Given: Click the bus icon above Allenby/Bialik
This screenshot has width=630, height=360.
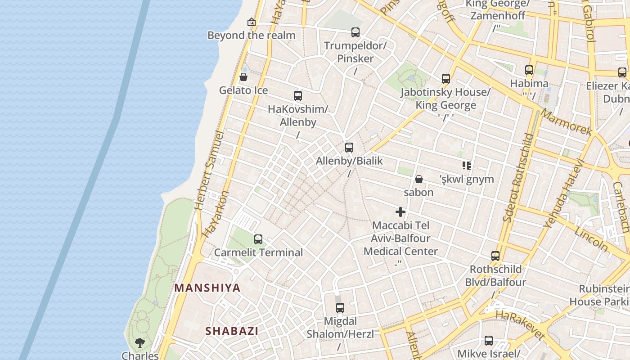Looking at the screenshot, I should [x=349, y=147].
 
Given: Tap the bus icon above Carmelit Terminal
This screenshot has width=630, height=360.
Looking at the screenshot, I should [x=258, y=239].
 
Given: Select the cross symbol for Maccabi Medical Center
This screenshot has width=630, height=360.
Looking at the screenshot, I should [x=400, y=212].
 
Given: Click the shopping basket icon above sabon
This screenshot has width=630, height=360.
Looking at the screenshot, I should [x=418, y=179].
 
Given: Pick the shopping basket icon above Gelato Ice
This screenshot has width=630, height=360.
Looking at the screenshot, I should [x=243, y=77].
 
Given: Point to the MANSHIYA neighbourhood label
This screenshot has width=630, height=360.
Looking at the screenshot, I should [x=207, y=288].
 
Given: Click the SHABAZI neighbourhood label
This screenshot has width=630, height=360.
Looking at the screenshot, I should [x=232, y=331].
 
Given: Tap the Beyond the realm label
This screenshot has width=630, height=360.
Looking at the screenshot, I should [x=251, y=35].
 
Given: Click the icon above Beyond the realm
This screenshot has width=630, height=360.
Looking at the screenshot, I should [x=251, y=22].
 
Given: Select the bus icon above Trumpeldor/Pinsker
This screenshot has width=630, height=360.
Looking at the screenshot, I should [x=355, y=32].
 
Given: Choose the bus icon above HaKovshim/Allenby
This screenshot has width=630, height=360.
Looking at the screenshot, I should [x=297, y=95].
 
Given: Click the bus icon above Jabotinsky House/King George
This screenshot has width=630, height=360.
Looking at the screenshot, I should [x=445, y=78].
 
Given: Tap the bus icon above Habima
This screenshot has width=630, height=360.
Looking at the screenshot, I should [x=529, y=70].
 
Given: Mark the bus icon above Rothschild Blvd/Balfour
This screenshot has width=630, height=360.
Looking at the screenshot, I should [x=495, y=256].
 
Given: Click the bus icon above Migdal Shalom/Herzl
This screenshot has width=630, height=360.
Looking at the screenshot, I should [x=340, y=307].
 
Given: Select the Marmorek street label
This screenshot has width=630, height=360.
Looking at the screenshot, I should [x=566, y=122].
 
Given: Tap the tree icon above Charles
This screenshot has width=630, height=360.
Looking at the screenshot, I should [x=140, y=342].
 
